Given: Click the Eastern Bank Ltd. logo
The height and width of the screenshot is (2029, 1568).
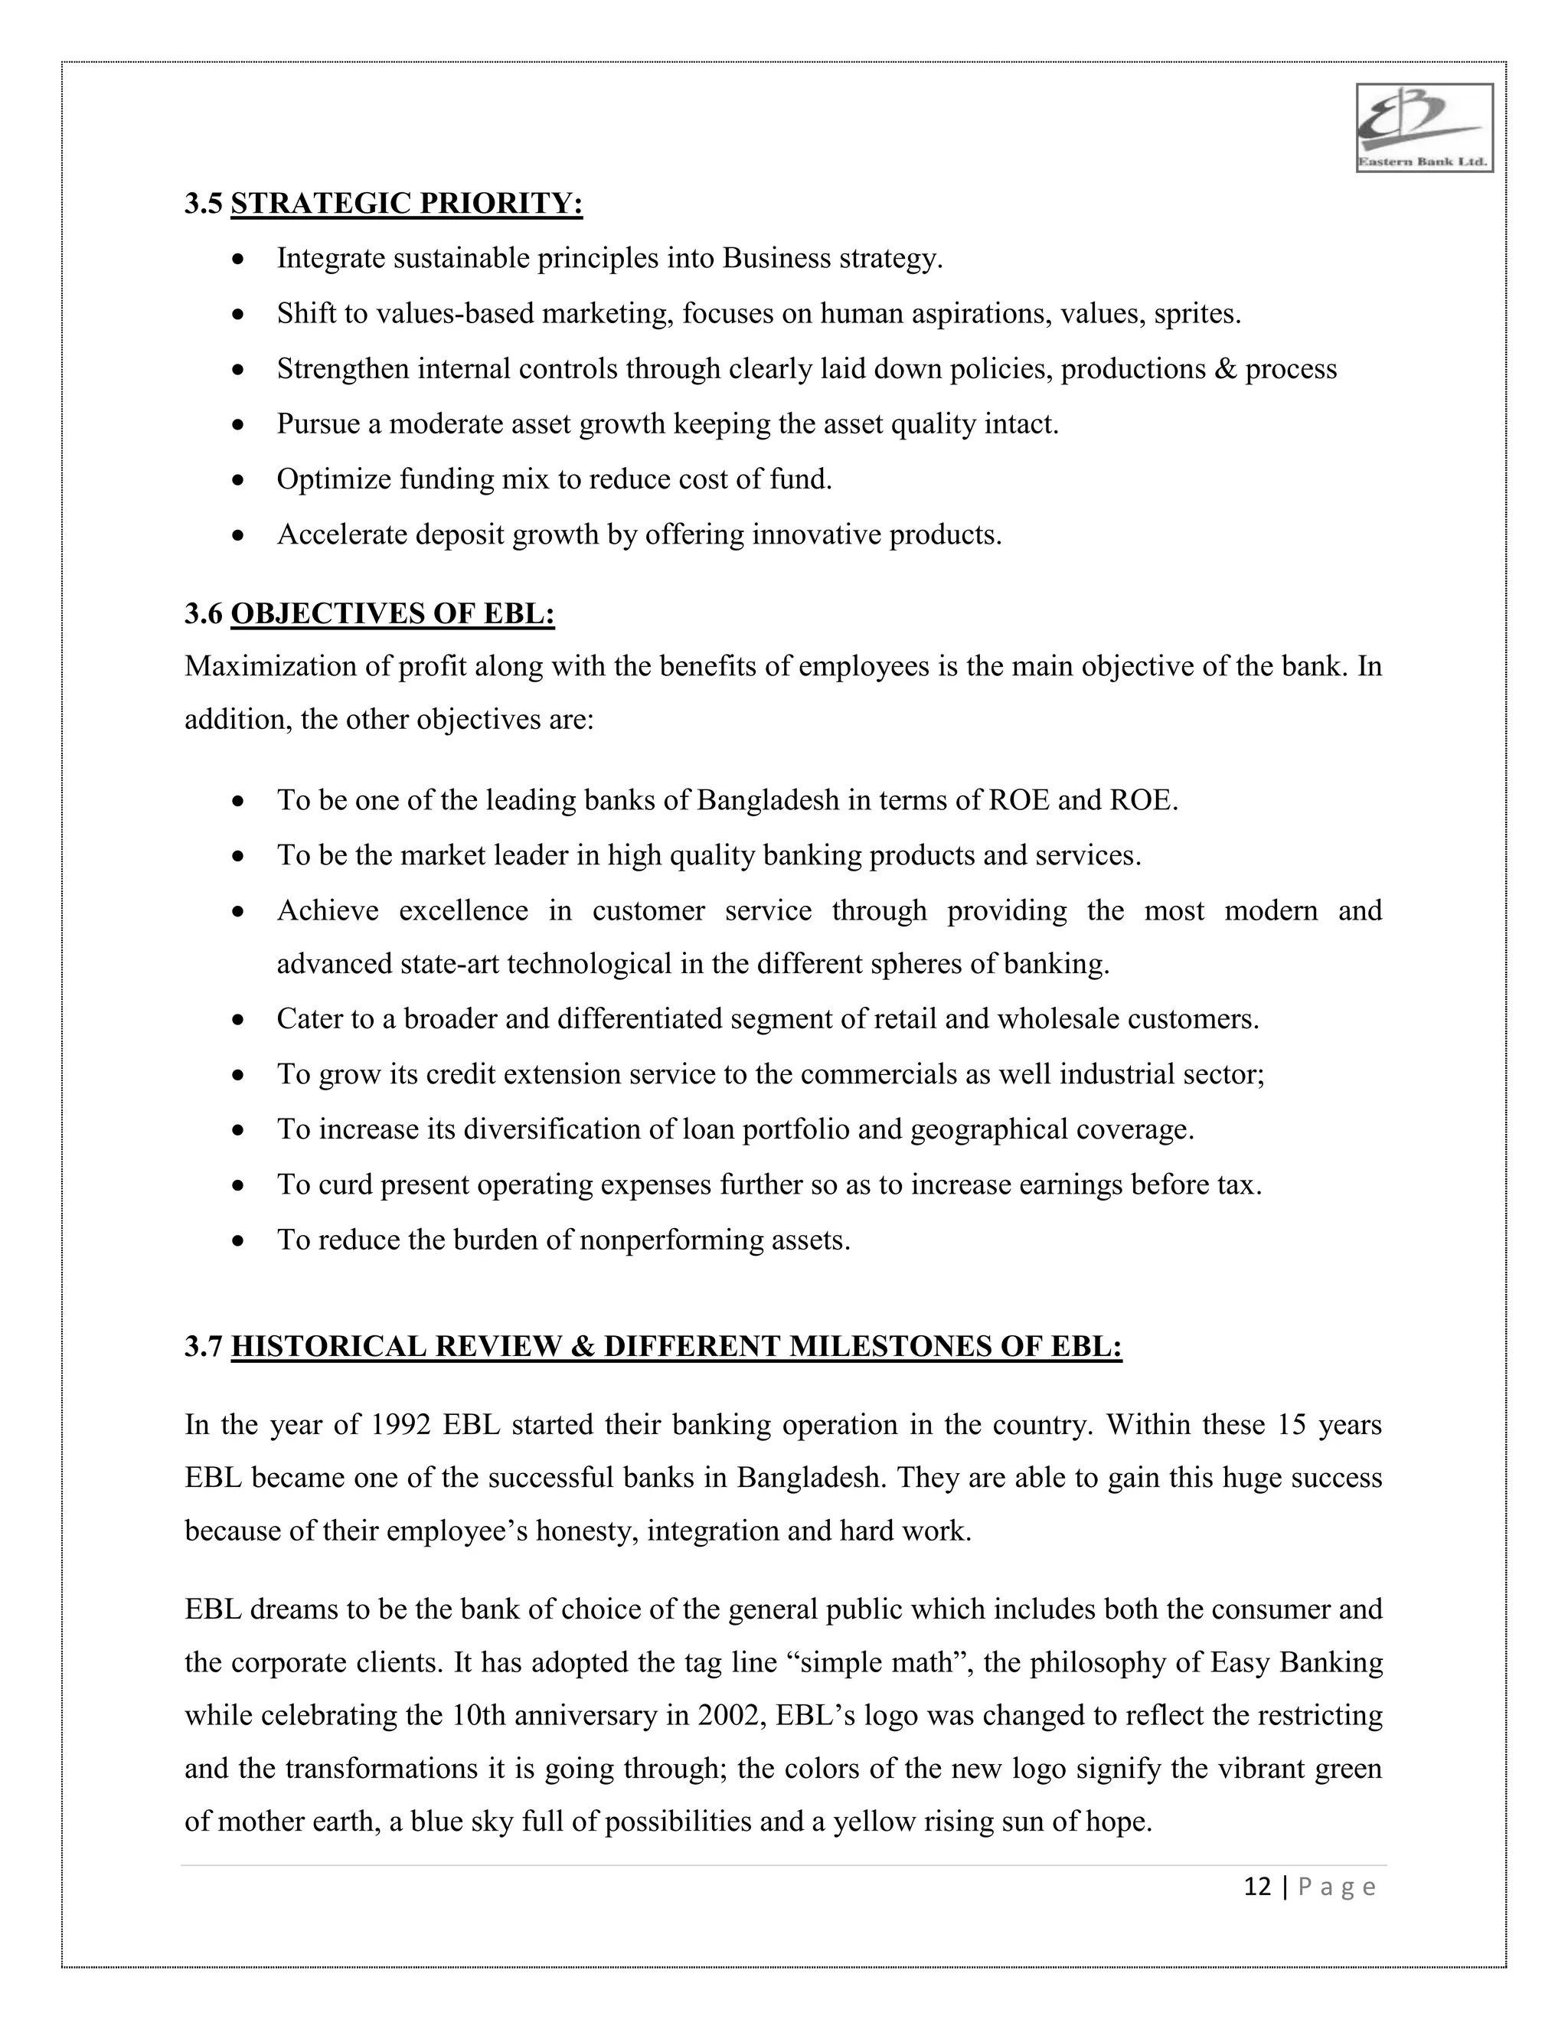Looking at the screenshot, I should (1424, 127).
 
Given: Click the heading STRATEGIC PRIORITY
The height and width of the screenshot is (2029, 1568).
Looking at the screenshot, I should (406, 204).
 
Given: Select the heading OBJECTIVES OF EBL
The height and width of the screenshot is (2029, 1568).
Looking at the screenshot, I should (392, 614).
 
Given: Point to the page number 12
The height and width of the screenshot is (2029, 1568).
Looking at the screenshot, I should (1257, 1887).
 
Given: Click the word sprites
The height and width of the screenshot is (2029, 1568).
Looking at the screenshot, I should (1195, 314).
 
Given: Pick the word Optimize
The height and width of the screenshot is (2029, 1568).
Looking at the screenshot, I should (334, 479).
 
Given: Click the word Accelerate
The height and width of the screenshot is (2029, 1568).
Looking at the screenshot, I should (341, 535).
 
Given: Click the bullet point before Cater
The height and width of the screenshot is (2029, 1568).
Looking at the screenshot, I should (239, 1020).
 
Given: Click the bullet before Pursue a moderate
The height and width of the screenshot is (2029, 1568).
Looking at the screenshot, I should (239, 426).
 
